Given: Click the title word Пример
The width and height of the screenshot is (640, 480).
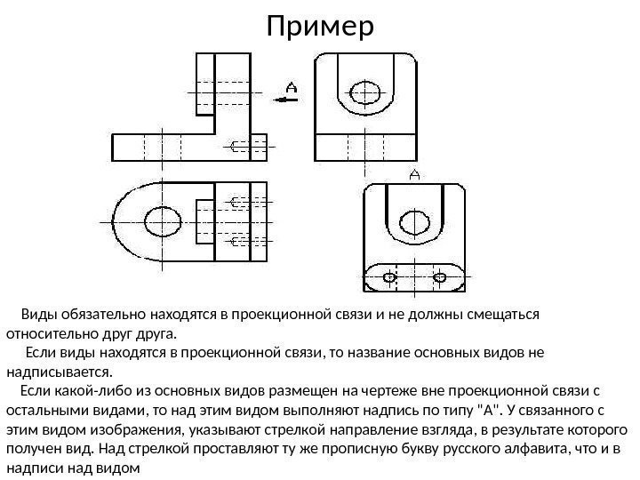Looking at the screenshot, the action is tap(321, 28).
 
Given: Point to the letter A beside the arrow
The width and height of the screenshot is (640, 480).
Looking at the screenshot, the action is tap(291, 86).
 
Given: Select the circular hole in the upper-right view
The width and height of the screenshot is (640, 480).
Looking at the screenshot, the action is tap(365, 92).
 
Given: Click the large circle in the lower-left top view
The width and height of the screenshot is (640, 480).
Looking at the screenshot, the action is tap(161, 220).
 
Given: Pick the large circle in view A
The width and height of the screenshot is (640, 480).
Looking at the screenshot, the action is tap(413, 222).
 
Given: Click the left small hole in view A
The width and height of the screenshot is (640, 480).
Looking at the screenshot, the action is tap(389, 278).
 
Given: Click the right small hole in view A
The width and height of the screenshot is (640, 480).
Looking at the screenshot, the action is tap(439, 278).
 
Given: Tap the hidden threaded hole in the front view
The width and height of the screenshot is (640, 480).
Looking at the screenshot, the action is tap(240, 147).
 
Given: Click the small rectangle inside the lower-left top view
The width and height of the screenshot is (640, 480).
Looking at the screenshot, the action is tap(204, 220).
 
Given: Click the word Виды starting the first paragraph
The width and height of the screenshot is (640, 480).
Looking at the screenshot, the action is tap(38, 315).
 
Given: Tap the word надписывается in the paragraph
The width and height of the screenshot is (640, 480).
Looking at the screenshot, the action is tap(60, 372).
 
